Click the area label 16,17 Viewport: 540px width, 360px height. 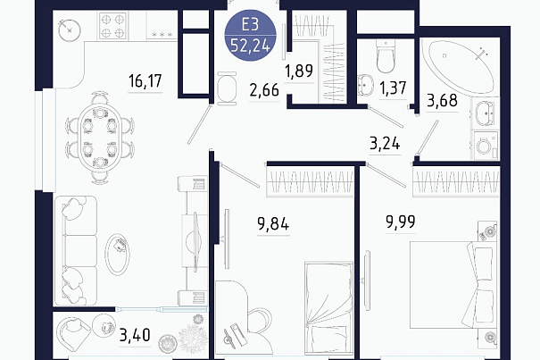145,80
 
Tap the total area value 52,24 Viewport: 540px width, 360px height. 251,46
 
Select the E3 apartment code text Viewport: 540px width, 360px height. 251,25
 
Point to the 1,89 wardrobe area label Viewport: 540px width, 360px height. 299,71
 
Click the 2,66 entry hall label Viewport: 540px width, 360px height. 264,90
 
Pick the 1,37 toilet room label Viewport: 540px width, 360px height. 393,88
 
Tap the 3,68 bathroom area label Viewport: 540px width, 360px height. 442,101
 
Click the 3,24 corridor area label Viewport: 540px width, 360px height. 385,143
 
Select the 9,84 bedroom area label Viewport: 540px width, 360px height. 273,224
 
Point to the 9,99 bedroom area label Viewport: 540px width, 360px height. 401,222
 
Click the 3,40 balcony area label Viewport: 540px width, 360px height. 135,335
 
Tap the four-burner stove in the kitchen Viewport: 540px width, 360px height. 112,26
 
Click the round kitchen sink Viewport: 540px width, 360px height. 70,30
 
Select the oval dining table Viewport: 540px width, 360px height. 100,137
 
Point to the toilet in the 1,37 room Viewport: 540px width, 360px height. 386,56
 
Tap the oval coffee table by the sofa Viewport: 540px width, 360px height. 118,254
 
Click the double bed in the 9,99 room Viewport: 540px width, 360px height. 453,285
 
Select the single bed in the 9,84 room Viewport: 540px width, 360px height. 328,308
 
